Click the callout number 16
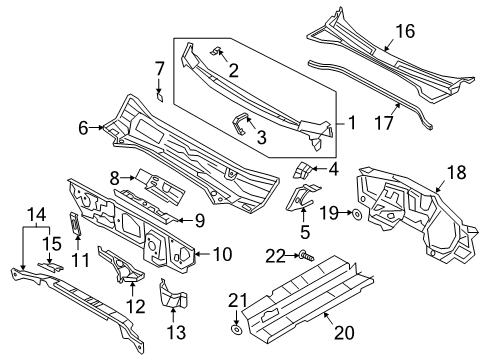[x=405, y=31]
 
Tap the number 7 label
[x=160, y=69]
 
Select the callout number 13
[x=176, y=332]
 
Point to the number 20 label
[x=344, y=332]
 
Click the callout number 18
[x=456, y=173]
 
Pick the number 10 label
[x=222, y=254]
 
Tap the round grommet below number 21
[x=237, y=330]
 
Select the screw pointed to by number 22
[x=307, y=256]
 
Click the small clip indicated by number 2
[x=216, y=51]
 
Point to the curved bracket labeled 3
[x=241, y=124]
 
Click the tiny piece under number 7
[x=160, y=97]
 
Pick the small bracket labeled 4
[x=302, y=170]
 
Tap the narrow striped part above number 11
[x=76, y=223]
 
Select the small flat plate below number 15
[x=50, y=266]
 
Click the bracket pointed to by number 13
[x=173, y=295]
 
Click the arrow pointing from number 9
[x=184, y=220]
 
